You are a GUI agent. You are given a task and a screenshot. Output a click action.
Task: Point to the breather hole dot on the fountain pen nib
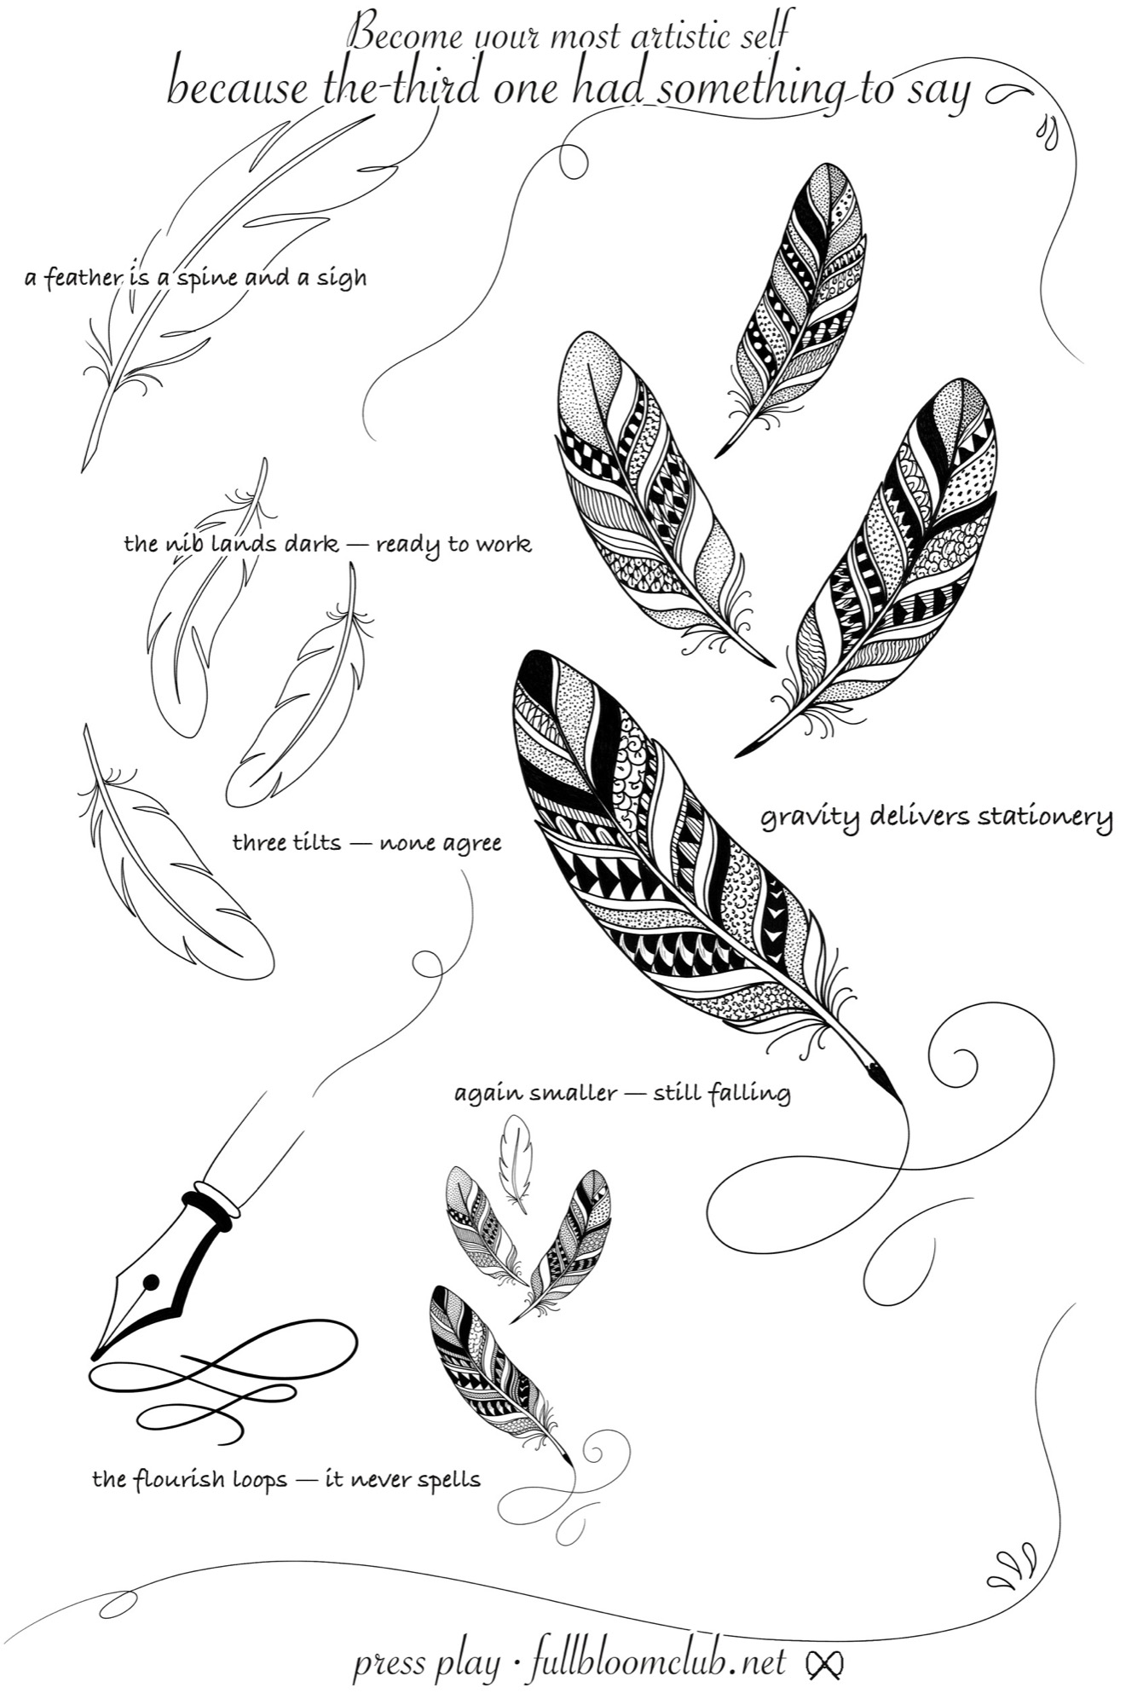(x=151, y=1281)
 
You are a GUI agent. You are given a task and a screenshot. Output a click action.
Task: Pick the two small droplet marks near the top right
(x=1048, y=133)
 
